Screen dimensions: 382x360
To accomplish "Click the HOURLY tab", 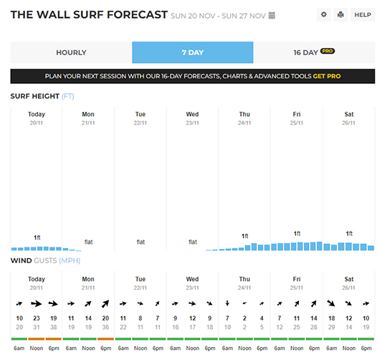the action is coord(71,52).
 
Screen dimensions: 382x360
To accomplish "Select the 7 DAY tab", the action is coord(193,52).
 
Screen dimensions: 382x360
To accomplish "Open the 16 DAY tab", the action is coord(314,52).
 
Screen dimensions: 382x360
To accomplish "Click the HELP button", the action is coord(363,15).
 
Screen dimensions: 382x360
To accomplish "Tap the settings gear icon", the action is coord(324,14).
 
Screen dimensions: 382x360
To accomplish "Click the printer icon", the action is coord(340,14).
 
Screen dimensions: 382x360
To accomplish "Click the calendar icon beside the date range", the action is coord(272,16).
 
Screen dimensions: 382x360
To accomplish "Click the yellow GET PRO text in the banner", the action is coord(327,76).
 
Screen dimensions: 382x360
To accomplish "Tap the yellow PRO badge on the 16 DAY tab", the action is coord(328,51).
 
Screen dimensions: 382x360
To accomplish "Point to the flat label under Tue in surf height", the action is coord(140,242).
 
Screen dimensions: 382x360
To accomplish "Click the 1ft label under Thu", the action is coord(245,236).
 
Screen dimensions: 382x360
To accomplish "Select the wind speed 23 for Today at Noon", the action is coord(37,318).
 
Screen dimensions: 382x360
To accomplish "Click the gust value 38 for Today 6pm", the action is coord(54,327).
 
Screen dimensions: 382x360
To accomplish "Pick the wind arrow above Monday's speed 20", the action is coord(105,303).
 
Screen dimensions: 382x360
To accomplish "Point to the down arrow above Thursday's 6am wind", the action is coord(227,303).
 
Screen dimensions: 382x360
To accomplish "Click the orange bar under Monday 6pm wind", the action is coord(106,338).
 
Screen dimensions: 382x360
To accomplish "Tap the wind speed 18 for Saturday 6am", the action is coord(332,318).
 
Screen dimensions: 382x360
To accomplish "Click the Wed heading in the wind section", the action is coord(193,279).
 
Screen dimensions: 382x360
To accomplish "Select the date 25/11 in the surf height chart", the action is coord(297,123).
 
